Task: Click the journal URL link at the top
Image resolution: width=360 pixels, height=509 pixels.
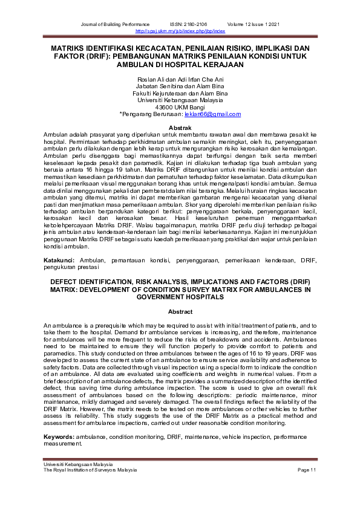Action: coord(180,30)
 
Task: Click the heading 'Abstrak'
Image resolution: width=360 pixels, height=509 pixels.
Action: coord(180,128)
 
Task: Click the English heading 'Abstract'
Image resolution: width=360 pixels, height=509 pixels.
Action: coord(180,312)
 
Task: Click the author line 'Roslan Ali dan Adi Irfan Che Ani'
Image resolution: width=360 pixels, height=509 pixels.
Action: coord(180,80)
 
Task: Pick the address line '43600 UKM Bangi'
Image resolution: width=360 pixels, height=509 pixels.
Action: coord(180,107)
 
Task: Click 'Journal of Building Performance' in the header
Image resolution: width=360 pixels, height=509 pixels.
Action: coord(114,24)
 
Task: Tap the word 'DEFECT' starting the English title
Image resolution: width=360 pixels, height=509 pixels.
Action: coord(62,282)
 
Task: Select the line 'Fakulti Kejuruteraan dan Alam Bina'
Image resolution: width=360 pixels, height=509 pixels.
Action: coord(180,94)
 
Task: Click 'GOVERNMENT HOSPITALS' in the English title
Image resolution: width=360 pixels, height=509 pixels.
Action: coord(180,298)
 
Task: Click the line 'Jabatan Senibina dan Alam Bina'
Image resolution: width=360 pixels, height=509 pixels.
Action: coord(180,86)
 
